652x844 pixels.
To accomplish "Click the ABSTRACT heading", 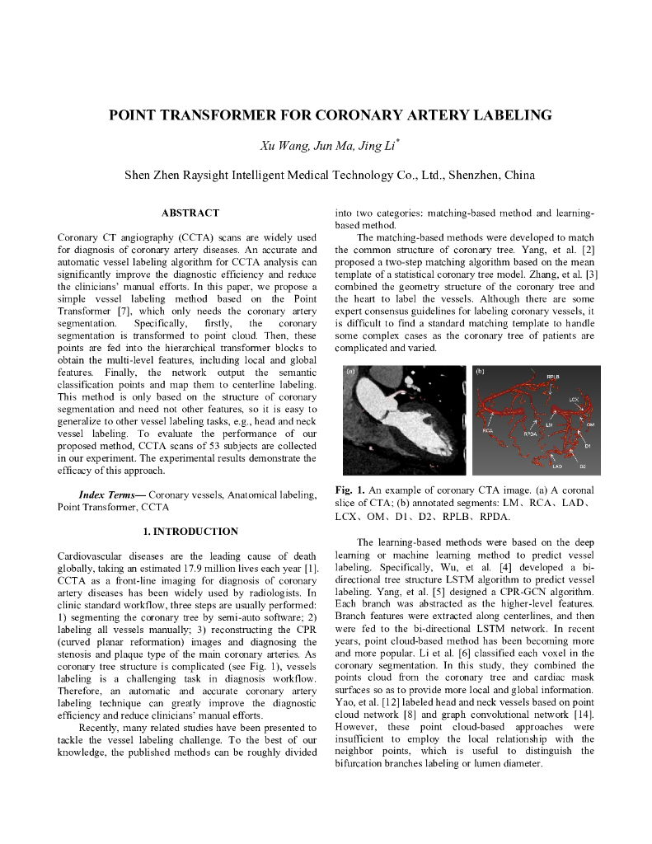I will pyautogui.click(x=190, y=213).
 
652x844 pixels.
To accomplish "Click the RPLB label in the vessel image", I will pyautogui.click(x=553, y=377).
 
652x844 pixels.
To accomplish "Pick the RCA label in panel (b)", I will pyautogui.click(x=488, y=430).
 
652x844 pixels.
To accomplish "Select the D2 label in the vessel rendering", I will pyautogui.click(x=582, y=467).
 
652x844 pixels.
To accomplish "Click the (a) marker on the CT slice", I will pyautogui.click(x=351, y=372).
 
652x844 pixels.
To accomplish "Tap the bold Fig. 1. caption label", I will pyautogui.click(x=350, y=489).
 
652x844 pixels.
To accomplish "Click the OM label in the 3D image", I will pyautogui.click(x=590, y=424).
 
